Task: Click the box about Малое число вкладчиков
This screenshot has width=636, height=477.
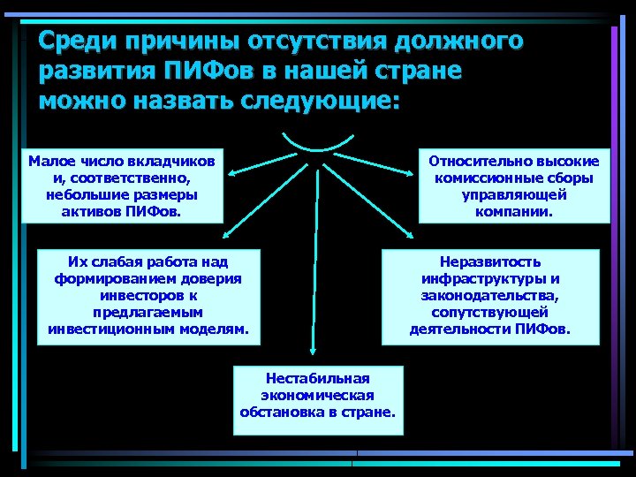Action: (x=121, y=186)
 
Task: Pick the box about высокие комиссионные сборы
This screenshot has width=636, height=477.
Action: (x=513, y=186)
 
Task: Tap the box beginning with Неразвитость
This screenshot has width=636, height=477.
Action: (x=489, y=296)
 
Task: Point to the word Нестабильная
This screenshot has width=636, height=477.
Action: (x=317, y=378)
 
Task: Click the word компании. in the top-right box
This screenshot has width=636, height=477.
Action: (x=513, y=212)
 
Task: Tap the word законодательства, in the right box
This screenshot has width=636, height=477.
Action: (x=489, y=296)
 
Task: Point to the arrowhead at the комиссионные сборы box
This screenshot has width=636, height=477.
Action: (x=411, y=175)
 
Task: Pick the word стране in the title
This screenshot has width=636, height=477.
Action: (x=424, y=72)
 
